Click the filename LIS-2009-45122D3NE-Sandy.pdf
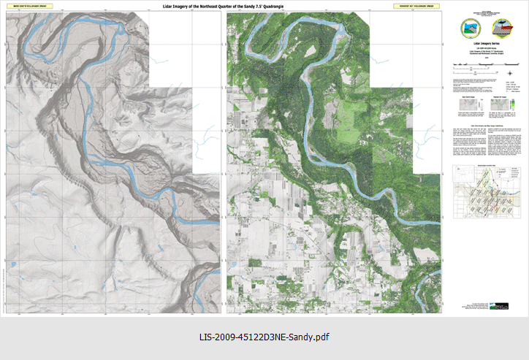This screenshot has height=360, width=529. (264, 337)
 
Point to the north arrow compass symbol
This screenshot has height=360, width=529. (509, 72)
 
